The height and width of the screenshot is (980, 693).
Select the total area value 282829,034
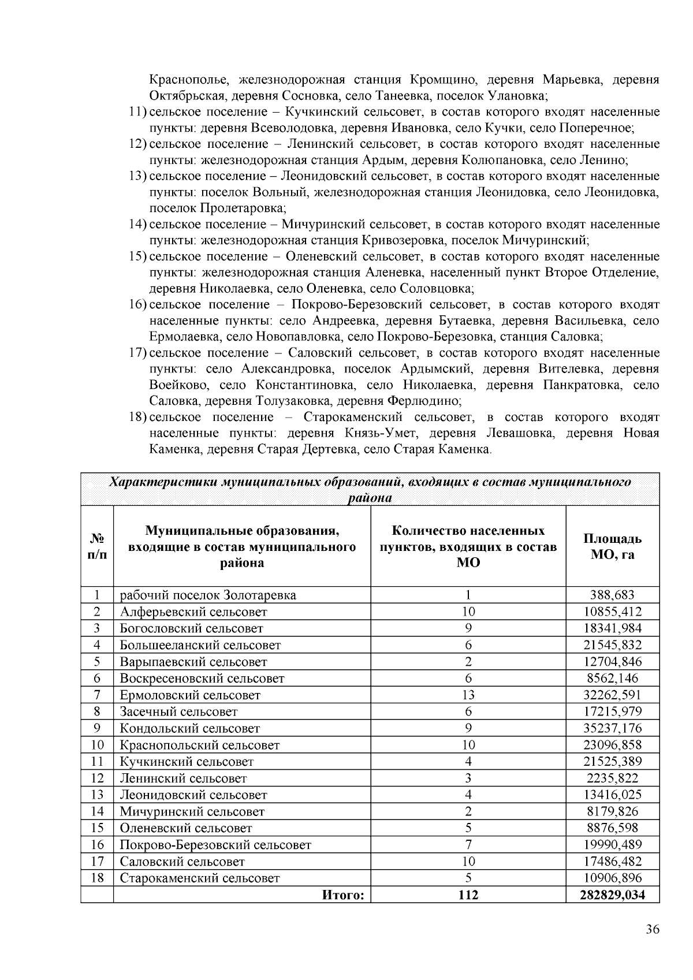coord(612,895)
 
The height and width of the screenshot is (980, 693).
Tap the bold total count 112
coord(468,895)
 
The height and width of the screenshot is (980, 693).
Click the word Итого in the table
coord(343,895)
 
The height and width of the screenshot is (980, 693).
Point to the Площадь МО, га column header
coord(612,546)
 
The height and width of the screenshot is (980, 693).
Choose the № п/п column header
coord(97,546)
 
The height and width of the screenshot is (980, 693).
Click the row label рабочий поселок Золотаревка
coord(208,595)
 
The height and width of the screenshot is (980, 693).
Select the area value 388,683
coord(612,595)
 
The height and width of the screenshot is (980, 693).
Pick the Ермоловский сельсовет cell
coord(190,695)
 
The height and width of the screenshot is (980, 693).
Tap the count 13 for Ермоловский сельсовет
coord(468,695)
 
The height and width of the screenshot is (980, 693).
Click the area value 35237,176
coord(612,729)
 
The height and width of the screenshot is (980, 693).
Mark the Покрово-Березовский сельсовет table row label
coord(215,845)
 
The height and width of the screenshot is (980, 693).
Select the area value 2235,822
coord(612,778)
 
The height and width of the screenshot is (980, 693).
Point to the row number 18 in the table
coord(97,878)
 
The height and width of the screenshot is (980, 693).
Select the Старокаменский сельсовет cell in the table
coord(200,878)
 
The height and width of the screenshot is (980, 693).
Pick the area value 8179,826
coord(612,812)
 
